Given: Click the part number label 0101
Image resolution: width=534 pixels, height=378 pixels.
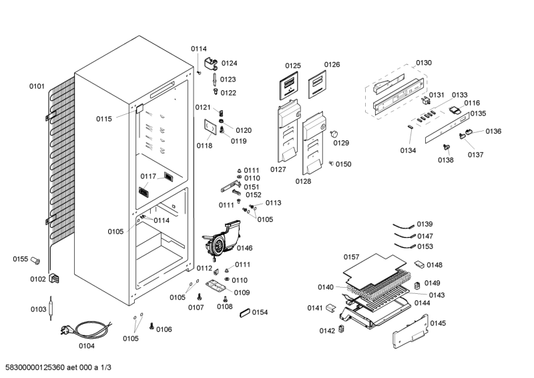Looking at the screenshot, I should point(37,86).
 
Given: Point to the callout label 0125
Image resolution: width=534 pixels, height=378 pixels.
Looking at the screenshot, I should point(293,65).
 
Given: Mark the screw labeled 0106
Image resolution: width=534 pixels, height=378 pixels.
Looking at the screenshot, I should point(151,327).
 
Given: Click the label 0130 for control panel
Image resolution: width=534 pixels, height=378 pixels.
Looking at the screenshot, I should point(424,63).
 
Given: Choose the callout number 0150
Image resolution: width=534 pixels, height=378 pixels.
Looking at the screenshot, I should point(343,164).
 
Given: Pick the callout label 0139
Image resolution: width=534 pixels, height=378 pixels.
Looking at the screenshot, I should point(425,224).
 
